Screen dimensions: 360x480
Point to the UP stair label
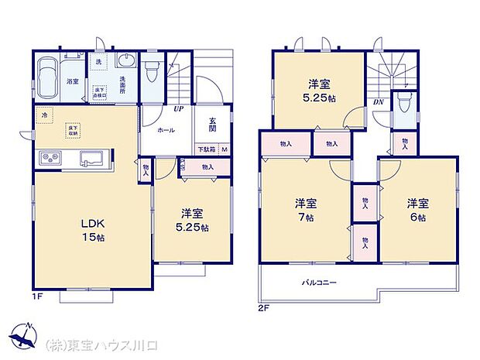[178, 109]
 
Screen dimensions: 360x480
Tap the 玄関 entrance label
[211, 124]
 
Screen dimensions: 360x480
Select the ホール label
[166, 131]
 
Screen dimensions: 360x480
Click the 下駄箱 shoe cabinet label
[205, 149]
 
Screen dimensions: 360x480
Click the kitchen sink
[89, 159]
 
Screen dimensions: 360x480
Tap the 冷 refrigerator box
[44, 116]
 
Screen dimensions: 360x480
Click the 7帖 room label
[303, 211]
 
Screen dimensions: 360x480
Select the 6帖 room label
[419, 211]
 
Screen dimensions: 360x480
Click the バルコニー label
[319, 283]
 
